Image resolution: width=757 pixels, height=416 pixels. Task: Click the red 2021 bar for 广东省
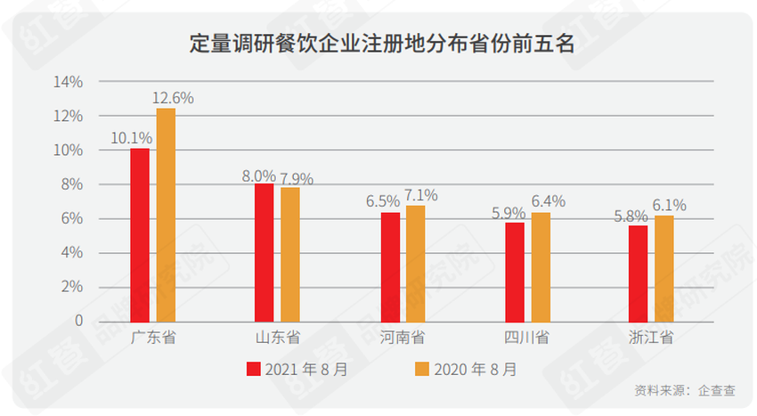click(x=140, y=234)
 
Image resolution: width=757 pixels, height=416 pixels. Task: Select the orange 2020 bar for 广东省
click(x=166, y=215)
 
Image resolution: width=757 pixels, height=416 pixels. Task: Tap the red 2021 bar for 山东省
click(x=264, y=252)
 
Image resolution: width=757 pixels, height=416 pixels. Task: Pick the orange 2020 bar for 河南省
click(x=416, y=263)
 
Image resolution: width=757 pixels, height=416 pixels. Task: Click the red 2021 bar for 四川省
click(x=514, y=272)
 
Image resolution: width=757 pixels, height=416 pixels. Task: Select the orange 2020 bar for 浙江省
click(x=664, y=268)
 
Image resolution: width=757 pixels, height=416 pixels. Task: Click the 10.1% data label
click(x=131, y=138)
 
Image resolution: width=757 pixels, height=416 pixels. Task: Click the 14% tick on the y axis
click(x=68, y=82)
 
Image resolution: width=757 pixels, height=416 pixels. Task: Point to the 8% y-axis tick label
click(x=71, y=184)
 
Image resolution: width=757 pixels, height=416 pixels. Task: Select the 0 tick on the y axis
click(x=78, y=321)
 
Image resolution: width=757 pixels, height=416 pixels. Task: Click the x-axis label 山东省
click(x=278, y=338)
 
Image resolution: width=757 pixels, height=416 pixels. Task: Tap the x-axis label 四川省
click(x=526, y=338)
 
